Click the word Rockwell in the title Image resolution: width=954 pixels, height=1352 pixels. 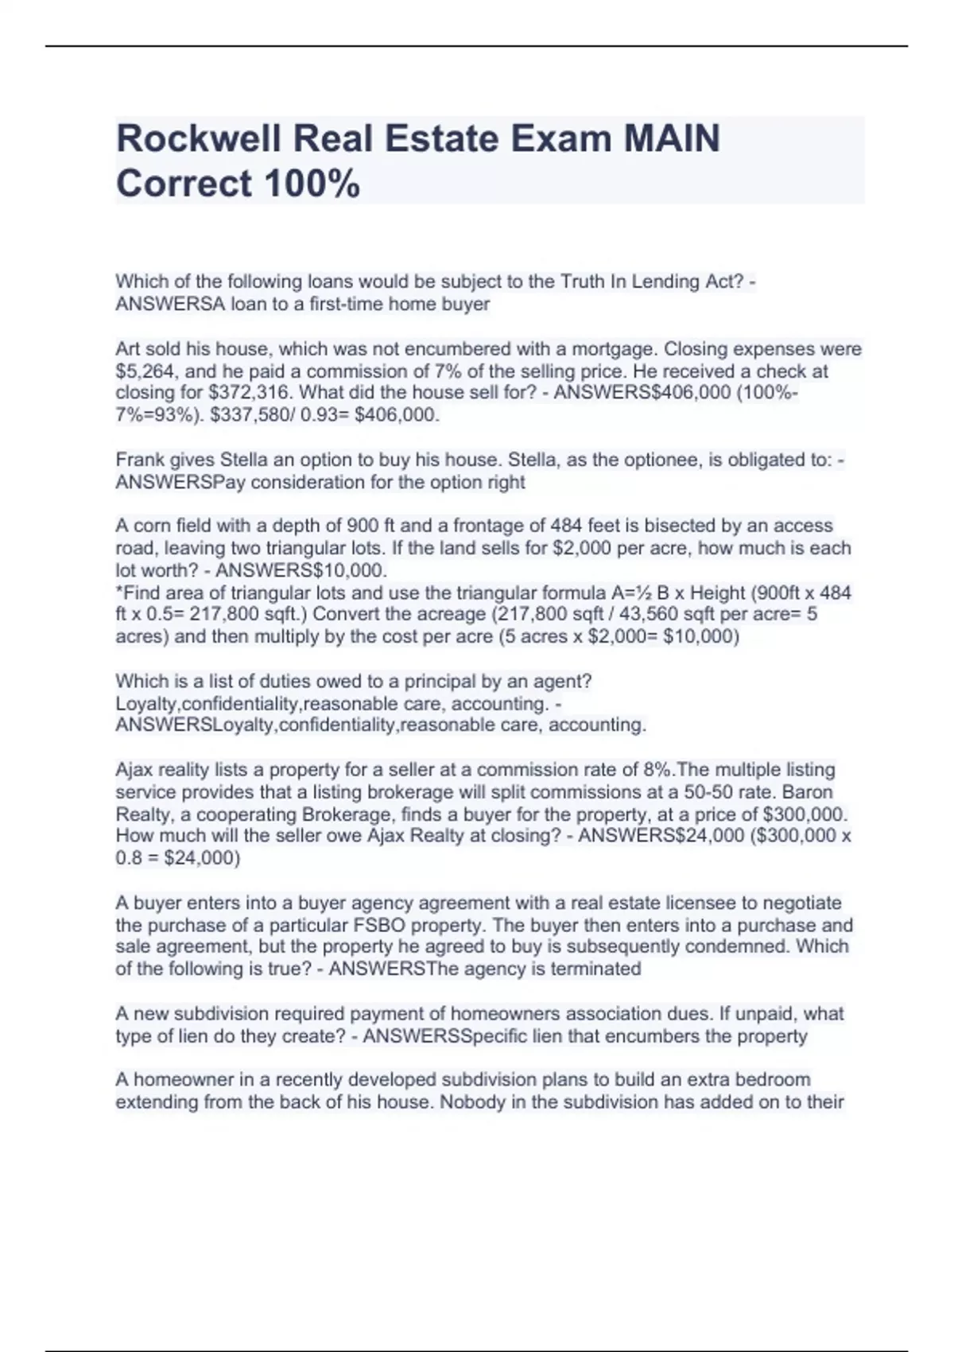point(199,138)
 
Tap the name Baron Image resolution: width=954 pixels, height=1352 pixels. point(808,792)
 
